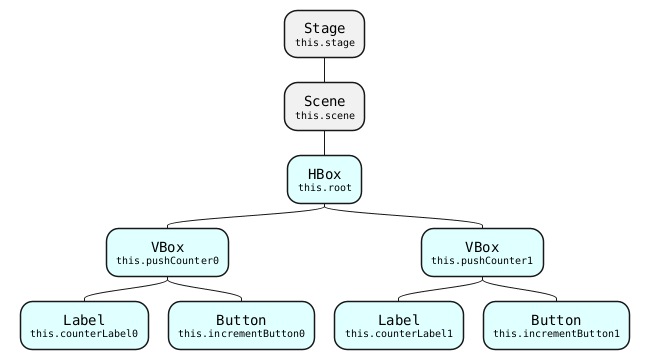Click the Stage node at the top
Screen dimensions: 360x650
click(x=324, y=34)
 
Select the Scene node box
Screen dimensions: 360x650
click(x=324, y=106)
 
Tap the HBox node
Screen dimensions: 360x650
click(x=324, y=179)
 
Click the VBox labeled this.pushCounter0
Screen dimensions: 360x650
click(x=167, y=252)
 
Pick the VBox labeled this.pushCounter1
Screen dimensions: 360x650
click(x=482, y=252)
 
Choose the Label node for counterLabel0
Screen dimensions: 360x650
click(x=84, y=325)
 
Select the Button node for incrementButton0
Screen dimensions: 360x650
click(x=241, y=325)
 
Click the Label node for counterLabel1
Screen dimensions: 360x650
click(x=399, y=325)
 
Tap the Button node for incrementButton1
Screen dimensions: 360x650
click(x=556, y=325)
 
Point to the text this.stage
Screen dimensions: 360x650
click(x=324, y=44)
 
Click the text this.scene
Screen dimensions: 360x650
click(x=324, y=116)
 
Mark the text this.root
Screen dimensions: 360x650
click(x=324, y=188)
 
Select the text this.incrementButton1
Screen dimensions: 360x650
click(x=556, y=334)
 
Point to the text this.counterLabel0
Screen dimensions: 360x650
click(x=84, y=334)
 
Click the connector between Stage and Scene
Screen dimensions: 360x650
click(x=324, y=70)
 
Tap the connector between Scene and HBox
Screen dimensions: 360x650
click(x=324, y=143)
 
